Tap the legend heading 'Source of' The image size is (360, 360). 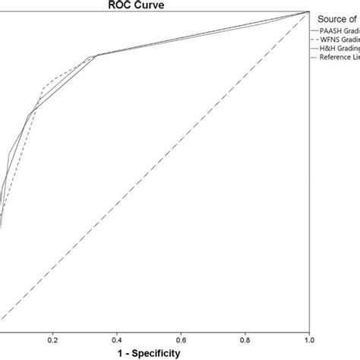339,18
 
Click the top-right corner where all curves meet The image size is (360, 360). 309,12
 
